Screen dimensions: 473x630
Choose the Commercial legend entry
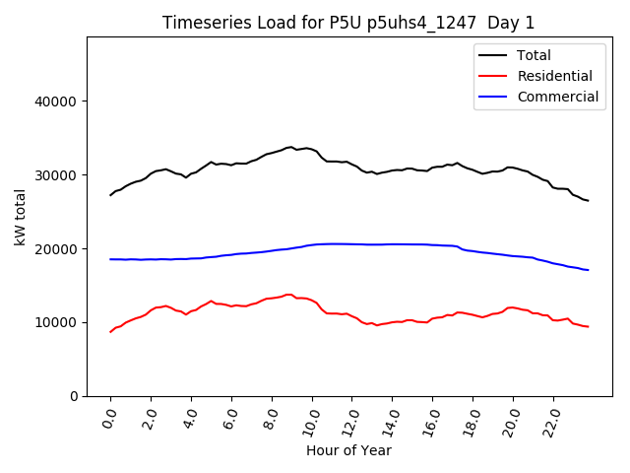(557, 97)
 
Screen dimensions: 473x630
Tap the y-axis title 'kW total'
(21, 217)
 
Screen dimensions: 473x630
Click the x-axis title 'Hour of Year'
(348, 450)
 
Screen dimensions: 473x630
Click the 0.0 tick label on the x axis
(109, 420)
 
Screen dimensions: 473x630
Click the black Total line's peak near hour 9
(290, 147)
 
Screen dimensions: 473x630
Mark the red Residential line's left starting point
(110, 332)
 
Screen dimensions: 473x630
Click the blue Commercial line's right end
(588, 270)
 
